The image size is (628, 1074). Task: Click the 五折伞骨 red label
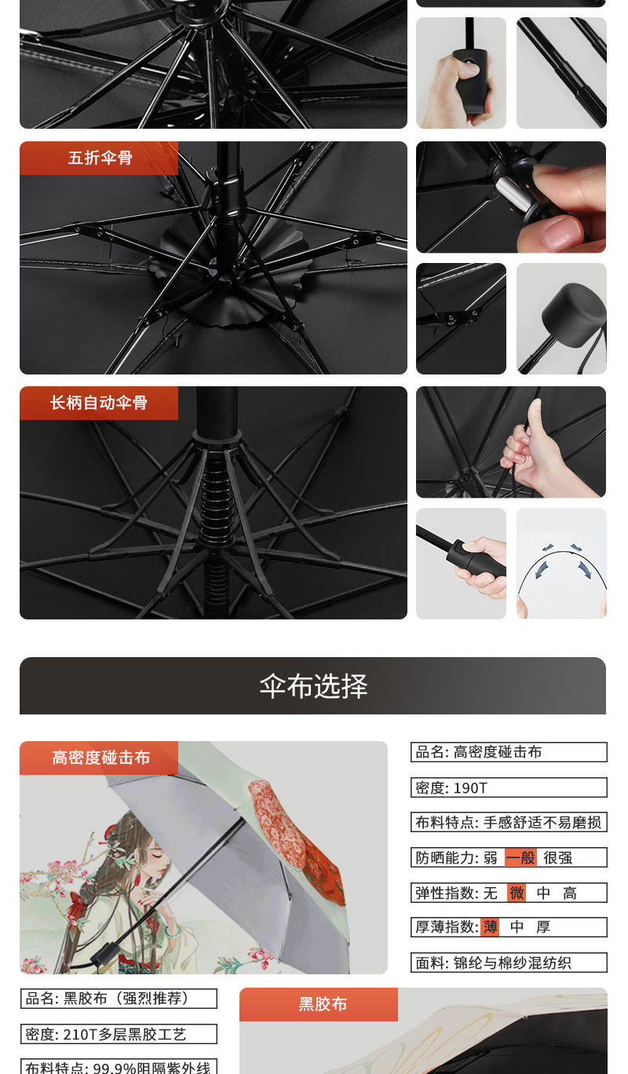coord(99,158)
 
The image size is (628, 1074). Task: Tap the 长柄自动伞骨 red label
coord(99,403)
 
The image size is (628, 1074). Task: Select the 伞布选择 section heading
coord(313,686)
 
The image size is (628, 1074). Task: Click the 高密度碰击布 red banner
coord(100,758)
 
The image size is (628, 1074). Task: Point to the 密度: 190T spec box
coord(509,787)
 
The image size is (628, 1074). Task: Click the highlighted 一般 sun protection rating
coord(520,857)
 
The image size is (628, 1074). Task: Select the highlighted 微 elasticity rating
coord(517,893)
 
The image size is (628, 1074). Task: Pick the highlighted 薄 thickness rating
coord(490,927)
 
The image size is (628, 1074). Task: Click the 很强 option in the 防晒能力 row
coord(557,857)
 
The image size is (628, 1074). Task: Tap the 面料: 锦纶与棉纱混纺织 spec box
coord(509,963)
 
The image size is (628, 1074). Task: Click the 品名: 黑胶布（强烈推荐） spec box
coord(119,999)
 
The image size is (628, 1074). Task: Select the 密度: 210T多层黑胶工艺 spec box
coord(119,1034)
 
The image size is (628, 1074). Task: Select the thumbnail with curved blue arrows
coord(561,564)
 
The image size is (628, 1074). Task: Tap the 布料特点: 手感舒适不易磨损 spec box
coord(509,822)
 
